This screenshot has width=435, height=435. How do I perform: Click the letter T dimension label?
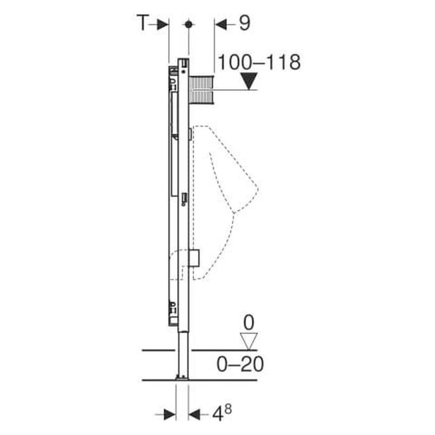[143, 23]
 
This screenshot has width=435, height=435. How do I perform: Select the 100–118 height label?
[259, 63]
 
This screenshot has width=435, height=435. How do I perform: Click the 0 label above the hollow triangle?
[249, 323]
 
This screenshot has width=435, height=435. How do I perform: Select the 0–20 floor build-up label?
[240, 365]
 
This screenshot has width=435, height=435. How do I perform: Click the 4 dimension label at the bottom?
[218, 414]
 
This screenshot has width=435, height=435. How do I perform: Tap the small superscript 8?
[228, 410]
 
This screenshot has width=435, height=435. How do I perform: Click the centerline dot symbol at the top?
[188, 24]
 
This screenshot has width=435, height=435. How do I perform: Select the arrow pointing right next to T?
[162, 25]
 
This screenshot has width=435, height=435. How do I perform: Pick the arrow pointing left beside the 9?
[222, 25]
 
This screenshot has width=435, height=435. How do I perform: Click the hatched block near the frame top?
[202, 90]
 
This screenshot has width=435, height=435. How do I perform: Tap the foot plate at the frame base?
[182, 377]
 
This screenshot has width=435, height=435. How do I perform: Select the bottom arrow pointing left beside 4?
[195, 414]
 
